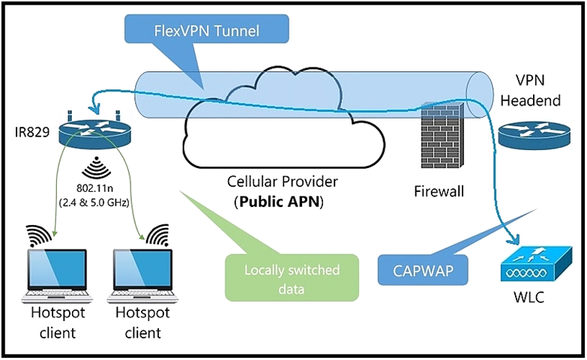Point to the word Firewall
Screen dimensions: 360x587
click(x=439, y=191)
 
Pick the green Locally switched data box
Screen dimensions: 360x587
click(x=292, y=276)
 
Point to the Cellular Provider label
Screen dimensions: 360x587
click(x=280, y=183)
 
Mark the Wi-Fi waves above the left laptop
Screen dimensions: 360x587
click(x=39, y=233)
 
